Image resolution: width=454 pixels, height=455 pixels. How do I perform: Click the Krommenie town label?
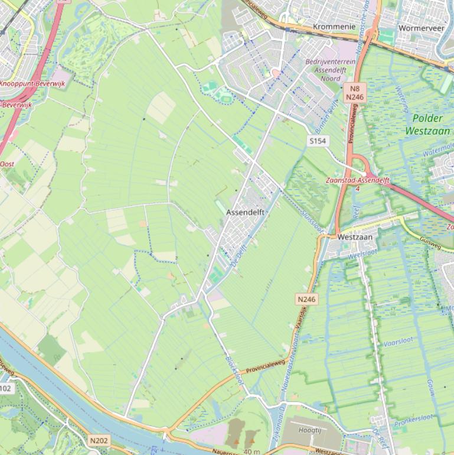[x=334, y=27]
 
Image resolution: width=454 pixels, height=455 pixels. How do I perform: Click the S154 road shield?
[x=318, y=141]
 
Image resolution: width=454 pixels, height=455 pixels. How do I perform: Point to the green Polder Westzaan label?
[x=429, y=124]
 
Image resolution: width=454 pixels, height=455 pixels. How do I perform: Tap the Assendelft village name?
[x=245, y=212]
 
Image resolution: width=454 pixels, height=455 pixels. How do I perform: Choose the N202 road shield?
[x=99, y=440]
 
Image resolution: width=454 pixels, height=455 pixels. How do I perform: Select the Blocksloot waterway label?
[x=235, y=370]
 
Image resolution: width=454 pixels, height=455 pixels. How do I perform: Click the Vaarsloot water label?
[x=398, y=342]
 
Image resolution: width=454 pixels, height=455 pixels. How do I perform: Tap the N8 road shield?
[x=355, y=87]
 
